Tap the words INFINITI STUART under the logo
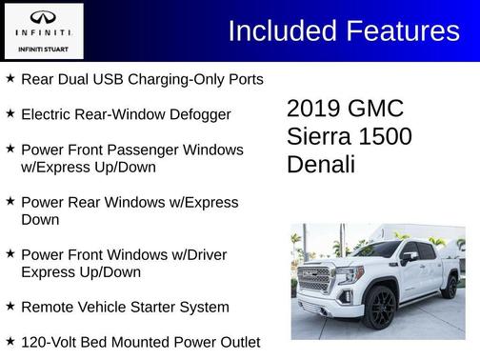44,48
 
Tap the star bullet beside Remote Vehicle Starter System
10,306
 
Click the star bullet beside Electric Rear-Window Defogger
10,113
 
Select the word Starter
163,307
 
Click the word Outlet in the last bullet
235,341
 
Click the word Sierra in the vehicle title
320,136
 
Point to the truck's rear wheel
449,287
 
